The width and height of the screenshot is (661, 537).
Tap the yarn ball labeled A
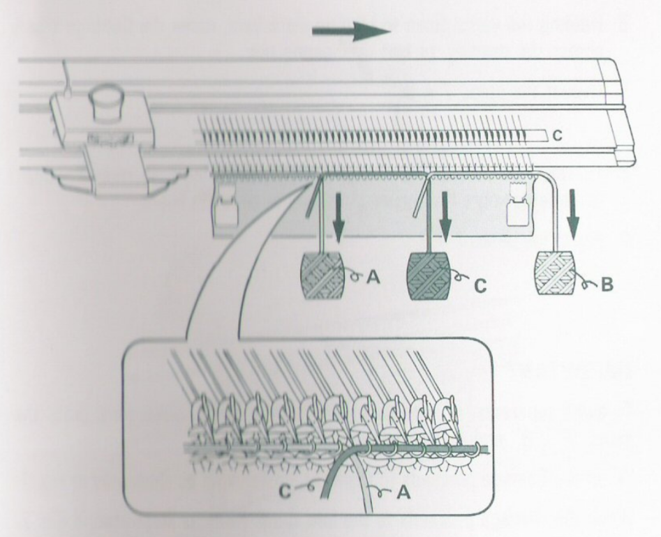(x=322, y=275)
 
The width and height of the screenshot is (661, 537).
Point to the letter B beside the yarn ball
(x=607, y=285)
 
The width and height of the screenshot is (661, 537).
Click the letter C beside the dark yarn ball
(x=481, y=285)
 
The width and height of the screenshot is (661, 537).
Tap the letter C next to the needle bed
(x=557, y=135)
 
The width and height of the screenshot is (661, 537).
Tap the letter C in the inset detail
(x=285, y=491)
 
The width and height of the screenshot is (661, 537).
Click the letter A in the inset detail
(x=403, y=492)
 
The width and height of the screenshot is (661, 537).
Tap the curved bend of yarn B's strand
(x=549, y=178)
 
